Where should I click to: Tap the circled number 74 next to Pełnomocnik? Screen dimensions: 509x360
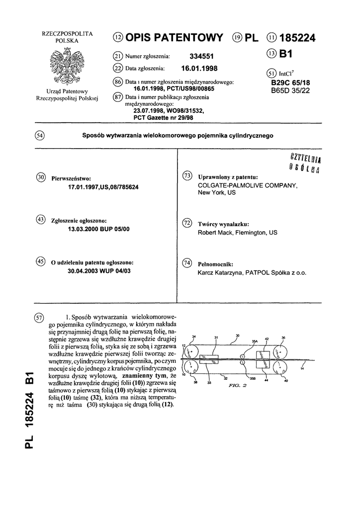coord(188,263)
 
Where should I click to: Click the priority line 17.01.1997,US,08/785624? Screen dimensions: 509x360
coord(110,187)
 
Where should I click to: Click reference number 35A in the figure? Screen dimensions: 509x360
coord(255,341)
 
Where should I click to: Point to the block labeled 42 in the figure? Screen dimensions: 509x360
coord(262,355)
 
